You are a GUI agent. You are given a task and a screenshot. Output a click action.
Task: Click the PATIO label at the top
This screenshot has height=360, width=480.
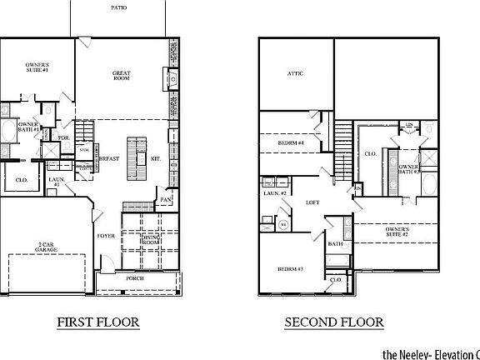pyautogui.click(x=119, y=7)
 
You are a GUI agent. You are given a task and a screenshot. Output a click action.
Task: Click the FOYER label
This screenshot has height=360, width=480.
pyautogui.click(x=106, y=236)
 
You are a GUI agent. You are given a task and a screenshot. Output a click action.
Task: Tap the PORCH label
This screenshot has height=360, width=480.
pyautogui.click(x=134, y=277)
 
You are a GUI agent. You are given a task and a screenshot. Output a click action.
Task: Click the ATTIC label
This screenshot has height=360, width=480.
pyautogui.click(x=295, y=74)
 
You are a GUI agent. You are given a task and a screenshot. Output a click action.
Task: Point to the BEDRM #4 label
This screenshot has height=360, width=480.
pyautogui.click(x=291, y=143)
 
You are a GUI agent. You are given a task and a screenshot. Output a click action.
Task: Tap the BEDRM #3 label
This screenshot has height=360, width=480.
pyautogui.click(x=291, y=269)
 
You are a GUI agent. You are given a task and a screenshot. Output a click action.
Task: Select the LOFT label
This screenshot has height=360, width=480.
pyautogui.click(x=312, y=202)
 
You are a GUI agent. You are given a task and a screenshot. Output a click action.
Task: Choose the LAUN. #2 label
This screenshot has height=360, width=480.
pyautogui.click(x=274, y=193)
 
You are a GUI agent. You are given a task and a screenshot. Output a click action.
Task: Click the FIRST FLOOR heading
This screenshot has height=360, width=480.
pyautogui.click(x=91, y=322)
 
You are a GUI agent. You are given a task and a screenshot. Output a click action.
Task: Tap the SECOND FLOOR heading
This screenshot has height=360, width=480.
pyautogui.click(x=333, y=322)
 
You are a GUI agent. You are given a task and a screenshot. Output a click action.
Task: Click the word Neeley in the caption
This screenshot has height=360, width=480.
pyautogui.click(x=413, y=352)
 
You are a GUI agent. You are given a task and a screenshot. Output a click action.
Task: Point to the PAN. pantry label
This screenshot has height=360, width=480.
pyautogui.click(x=167, y=200)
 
